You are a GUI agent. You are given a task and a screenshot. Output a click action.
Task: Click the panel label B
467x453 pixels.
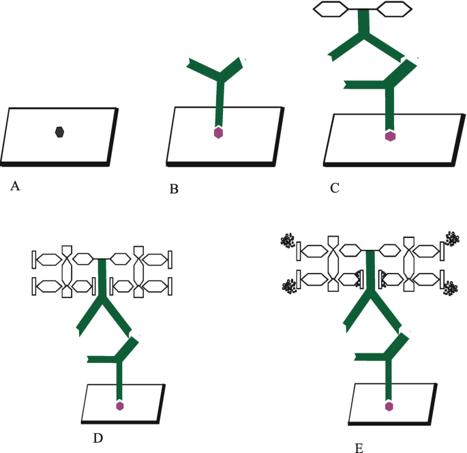coord(174,189)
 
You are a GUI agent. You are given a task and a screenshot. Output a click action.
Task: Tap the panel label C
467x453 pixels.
coord(334,188)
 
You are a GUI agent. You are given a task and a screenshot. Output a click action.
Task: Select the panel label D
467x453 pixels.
coord(97,437)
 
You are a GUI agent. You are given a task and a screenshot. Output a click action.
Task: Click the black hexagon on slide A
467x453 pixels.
coord(60,132)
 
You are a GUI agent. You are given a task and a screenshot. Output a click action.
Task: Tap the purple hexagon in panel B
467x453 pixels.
coord(218,132)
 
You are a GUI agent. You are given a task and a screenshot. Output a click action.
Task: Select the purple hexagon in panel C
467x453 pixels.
coord(390,136)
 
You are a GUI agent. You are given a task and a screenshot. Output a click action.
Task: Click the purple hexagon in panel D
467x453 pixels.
coord(120,405)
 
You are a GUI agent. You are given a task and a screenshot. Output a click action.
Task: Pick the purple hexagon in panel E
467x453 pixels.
coord(389,407)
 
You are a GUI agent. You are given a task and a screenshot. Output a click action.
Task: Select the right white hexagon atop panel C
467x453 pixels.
coord(395,9)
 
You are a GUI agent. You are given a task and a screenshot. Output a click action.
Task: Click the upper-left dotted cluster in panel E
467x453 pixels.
coord(288,241)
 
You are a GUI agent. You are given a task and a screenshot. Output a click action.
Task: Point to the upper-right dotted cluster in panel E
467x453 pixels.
coord(452,239)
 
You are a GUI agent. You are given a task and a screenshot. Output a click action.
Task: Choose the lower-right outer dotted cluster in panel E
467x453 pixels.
coord(451,289)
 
